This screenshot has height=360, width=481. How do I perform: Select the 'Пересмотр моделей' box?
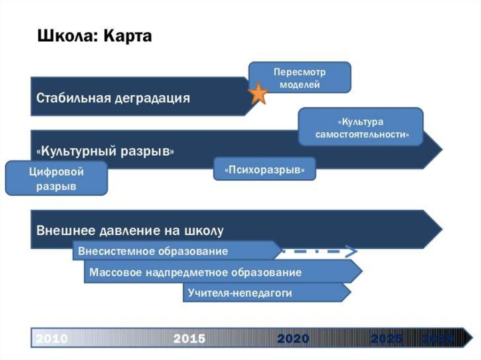click(300, 78)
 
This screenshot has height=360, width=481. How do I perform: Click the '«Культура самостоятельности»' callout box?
click(361, 127)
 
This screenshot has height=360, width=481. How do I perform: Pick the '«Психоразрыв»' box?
click(264, 169)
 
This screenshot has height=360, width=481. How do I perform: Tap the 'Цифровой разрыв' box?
click(56, 179)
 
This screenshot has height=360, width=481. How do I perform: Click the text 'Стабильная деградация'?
click(113, 98)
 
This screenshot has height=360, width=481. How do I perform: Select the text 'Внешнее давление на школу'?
click(130, 231)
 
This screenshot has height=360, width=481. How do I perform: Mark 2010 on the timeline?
click(52, 338)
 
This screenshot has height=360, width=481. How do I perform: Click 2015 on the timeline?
click(189, 338)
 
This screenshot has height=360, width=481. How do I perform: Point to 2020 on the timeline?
click(293, 338)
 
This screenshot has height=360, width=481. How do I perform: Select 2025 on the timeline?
click(386, 338)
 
